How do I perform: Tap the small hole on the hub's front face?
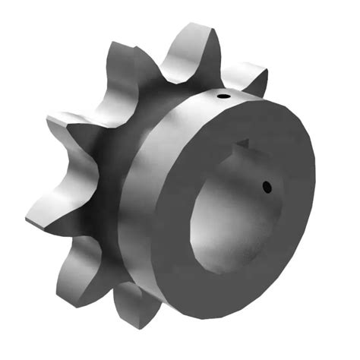[267, 185]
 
